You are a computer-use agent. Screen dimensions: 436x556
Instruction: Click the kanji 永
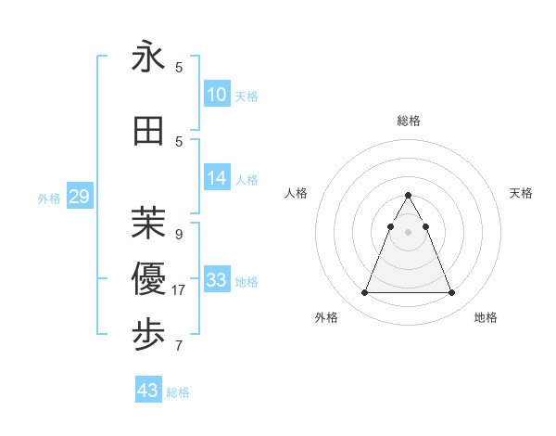tap(149, 58)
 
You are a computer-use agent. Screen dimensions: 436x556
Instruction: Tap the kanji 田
tap(149, 133)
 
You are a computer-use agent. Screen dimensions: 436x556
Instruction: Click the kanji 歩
tap(149, 333)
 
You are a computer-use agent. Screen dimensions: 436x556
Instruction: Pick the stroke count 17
tap(180, 290)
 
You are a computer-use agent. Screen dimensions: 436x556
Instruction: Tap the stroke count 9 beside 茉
tap(179, 234)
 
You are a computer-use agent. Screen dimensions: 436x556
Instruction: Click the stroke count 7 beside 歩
tap(179, 346)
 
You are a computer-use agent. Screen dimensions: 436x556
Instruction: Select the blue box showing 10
tap(217, 95)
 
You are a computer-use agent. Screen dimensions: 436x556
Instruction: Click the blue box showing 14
tap(217, 178)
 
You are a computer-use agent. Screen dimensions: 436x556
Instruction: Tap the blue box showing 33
tap(217, 279)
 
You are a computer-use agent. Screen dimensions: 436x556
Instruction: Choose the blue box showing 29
tap(79, 197)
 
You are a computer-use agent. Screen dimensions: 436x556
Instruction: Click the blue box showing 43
tap(148, 391)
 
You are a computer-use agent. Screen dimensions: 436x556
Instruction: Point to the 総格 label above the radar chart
tap(409, 121)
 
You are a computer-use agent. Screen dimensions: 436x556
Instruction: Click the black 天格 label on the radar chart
tap(522, 193)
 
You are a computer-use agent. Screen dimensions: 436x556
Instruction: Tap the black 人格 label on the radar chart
tap(297, 193)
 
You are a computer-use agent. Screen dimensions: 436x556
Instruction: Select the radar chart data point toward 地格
tap(451, 293)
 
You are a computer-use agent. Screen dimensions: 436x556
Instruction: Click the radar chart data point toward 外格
tap(364, 293)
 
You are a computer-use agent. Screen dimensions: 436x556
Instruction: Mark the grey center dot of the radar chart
tap(408, 232)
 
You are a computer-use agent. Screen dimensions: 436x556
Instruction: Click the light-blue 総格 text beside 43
tap(178, 392)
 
